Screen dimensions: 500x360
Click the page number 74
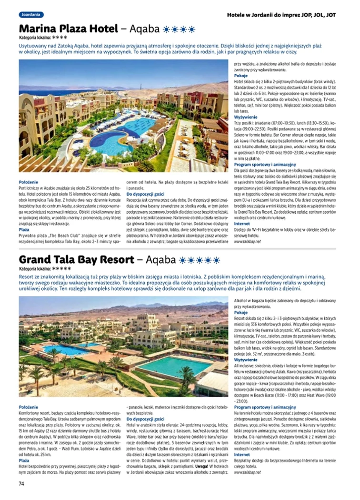tap(21, 483)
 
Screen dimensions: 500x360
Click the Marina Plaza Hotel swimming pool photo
tap(124, 116)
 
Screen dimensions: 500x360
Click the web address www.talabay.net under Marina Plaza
tap(248, 241)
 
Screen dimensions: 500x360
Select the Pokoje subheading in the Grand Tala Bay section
tap(240, 313)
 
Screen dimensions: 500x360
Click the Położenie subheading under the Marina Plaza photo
tap(28, 182)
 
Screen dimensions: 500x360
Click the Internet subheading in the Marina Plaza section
tap(242, 223)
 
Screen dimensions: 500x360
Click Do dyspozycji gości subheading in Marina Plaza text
tap(145, 194)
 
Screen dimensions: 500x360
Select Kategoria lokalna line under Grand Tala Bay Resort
tap(42, 269)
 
